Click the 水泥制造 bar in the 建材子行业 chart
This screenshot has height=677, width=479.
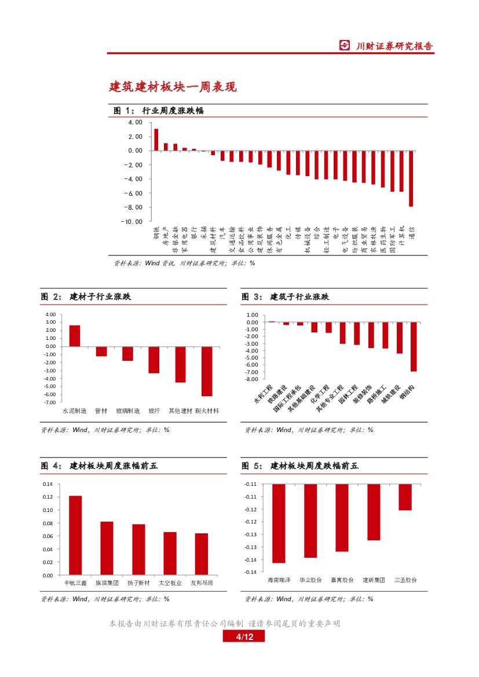click(x=75, y=336)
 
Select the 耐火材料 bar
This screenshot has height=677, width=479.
click(x=207, y=371)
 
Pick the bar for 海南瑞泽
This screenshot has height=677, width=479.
click(x=279, y=523)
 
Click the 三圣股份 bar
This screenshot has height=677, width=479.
click(x=405, y=497)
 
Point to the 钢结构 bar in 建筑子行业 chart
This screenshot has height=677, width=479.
click(x=414, y=346)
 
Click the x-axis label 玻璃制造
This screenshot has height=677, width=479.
click(x=127, y=411)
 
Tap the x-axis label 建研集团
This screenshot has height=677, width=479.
click(x=374, y=580)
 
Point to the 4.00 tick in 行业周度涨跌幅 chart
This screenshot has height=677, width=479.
click(x=134, y=122)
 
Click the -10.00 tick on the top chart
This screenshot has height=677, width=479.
click(x=131, y=221)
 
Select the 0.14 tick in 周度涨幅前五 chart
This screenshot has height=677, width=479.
click(x=48, y=484)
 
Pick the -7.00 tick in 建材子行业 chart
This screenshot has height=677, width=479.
click(x=50, y=402)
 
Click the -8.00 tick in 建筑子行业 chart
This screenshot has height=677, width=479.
click(x=251, y=379)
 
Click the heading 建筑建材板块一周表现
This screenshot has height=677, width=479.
click(x=173, y=87)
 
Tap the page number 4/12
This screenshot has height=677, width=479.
click(x=243, y=637)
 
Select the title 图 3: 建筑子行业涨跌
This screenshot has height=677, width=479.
click(x=285, y=297)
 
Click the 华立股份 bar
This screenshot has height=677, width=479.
click(x=310, y=521)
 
